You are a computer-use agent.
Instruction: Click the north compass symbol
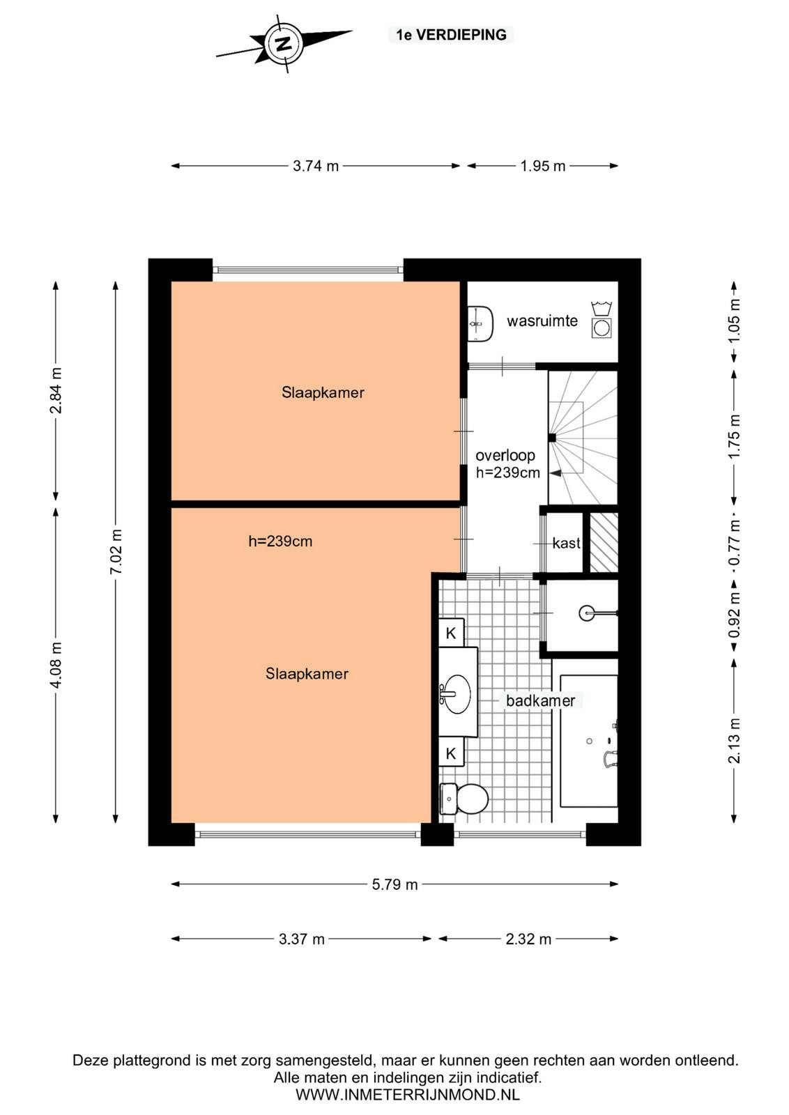tap(284, 45)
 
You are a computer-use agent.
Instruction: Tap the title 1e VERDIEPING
tap(451, 34)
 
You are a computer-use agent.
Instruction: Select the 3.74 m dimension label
tap(316, 166)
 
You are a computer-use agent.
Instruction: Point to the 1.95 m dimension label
tap(542, 166)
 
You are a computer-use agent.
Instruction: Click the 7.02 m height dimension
tap(116, 552)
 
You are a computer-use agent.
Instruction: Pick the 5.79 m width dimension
tap(394, 884)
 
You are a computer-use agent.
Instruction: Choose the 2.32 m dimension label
tap(528, 939)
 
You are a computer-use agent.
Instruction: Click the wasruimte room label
tap(542, 321)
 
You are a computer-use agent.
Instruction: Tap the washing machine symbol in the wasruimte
tap(602, 328)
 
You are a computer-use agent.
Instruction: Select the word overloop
tap(505, 456)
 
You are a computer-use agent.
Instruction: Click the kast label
tap(567, 543)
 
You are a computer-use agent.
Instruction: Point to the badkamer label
tap(541, 700)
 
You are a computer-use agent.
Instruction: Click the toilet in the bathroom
tap(464, 799)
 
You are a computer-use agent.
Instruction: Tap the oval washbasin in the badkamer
tap(457, 693)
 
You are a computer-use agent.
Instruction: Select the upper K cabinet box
tap(451, 633)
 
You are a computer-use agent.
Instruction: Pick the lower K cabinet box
tap(451, 753)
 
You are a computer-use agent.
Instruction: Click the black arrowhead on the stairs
tap(556, 473)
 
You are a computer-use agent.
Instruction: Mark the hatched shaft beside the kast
tap(604, 542)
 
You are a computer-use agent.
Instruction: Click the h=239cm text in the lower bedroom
tap(280, 541)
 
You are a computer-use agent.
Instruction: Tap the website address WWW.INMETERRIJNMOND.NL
tap(407, 1094)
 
